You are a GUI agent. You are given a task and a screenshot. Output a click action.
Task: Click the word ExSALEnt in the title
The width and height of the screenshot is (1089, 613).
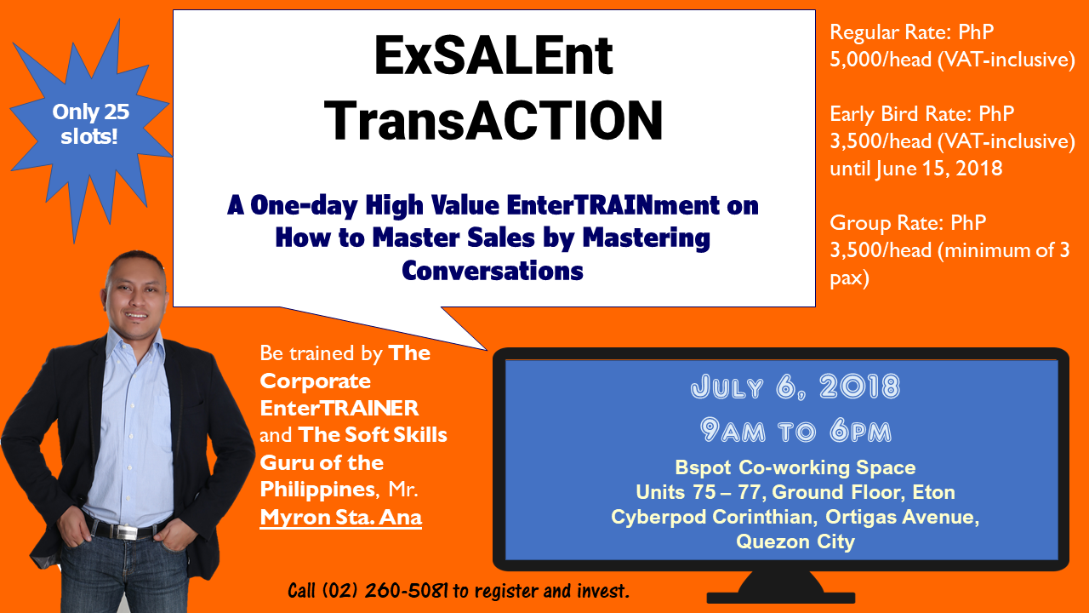click(x=493, y=56)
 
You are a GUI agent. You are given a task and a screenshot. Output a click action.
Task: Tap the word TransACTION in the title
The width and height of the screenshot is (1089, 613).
click(x=493, y=120)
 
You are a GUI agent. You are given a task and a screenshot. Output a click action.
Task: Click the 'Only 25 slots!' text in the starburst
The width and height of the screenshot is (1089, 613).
click(x=90, y=124)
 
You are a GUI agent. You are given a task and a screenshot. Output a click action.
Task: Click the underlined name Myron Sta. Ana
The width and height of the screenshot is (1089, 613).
click(x=341, y=517)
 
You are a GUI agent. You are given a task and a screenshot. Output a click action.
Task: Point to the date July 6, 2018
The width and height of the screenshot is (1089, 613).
click(x=795, y=387)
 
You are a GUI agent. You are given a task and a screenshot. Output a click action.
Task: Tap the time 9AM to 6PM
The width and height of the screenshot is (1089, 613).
click(x=795, y=431)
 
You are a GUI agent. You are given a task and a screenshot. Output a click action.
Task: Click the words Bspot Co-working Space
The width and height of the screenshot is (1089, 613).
click(x=795, y=467)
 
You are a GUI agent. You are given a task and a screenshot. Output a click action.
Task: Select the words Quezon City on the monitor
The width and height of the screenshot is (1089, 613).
click(x=795, y=541)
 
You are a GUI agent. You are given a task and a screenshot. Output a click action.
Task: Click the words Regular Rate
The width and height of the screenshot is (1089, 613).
click(x=890, y=32)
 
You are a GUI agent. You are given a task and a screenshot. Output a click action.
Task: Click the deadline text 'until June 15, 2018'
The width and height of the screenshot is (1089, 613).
click(x=916, y=169)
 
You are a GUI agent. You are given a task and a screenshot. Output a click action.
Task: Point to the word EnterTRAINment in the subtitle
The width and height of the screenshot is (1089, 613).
click(x=613, y=205)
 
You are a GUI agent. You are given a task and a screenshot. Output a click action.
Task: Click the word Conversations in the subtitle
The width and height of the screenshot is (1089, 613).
click(x=493, y=271)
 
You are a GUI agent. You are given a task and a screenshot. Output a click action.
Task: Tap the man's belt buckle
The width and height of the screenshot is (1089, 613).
click(x=128, y=531)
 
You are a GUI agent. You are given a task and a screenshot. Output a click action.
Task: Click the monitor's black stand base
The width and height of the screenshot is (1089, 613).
click(x=781, y=598)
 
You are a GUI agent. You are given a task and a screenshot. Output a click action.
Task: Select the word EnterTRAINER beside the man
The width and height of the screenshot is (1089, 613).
click(x=339, y=408)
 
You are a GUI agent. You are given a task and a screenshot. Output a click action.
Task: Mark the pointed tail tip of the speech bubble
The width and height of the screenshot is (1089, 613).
click(x=487, y=350)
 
